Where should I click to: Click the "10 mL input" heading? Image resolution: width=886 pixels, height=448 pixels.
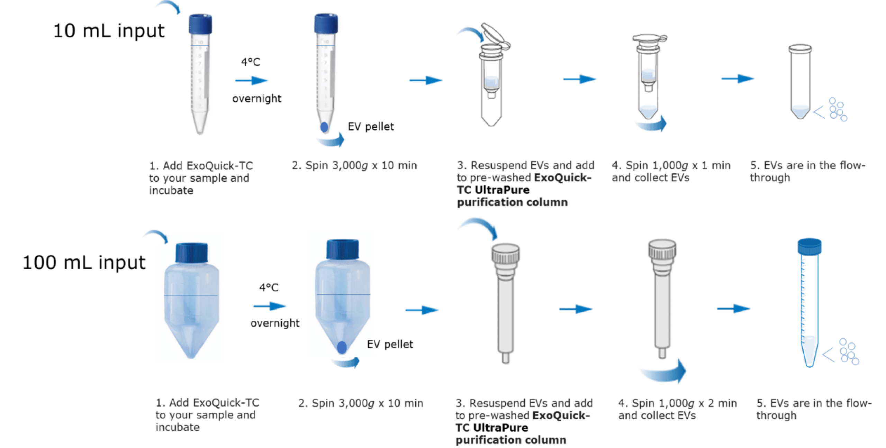click(x=109, y=31)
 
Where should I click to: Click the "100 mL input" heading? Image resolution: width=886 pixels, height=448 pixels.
click(x=84, y=262)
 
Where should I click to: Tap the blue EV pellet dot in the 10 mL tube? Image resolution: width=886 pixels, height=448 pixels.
click(x=324, y=127)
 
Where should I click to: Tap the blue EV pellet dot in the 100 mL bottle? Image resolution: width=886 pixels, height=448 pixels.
click(x=342, y=347)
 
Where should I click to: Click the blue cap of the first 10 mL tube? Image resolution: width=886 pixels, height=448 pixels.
click(x=200, y=24)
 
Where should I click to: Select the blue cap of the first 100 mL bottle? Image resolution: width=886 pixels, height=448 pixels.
click(x=191, y=253)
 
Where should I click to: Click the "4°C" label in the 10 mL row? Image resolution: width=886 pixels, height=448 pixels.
click(x=251, y=62)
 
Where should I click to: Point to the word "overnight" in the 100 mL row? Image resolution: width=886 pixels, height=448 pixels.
click(x=275, y=323)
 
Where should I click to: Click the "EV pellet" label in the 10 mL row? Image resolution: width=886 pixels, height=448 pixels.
click(x=371, y=127)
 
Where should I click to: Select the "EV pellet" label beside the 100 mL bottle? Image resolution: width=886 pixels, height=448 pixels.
click(x=390, y=344)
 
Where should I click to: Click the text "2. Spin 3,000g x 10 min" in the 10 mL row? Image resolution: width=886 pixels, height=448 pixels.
click(x=354, y=165)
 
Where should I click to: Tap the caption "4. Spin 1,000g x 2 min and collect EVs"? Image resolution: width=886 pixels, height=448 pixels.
click(x=677, y=409)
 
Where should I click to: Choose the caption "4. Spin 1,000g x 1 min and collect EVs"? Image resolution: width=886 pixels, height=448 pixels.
click(x=671, y=171)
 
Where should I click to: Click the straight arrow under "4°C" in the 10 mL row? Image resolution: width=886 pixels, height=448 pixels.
click(x=251, y=81)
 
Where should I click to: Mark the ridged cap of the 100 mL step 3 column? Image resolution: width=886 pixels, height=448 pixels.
click(x=505, y=254)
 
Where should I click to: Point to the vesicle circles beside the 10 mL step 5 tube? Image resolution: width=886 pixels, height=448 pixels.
click(x=838, y=110)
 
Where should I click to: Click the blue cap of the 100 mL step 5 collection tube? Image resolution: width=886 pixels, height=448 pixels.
click(x=809, y=246)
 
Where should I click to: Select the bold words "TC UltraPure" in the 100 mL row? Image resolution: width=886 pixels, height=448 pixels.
click(x=491, y=428)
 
